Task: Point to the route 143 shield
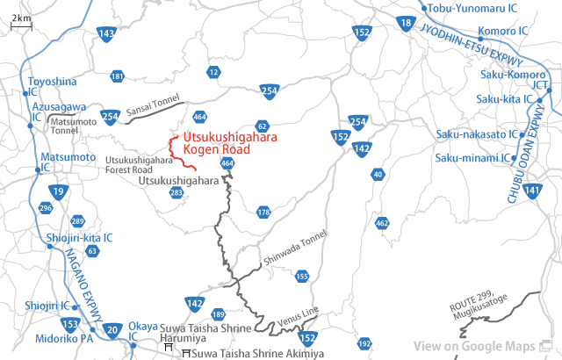106,34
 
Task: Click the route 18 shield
405,23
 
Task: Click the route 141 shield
530,191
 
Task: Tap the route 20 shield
111,330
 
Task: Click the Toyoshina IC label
51,86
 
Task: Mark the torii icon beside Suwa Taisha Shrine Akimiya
184,353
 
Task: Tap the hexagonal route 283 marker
177,192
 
